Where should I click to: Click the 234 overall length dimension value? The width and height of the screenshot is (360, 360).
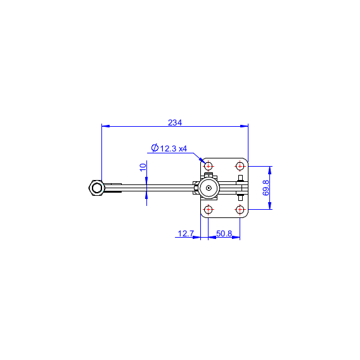(x=175, y=122)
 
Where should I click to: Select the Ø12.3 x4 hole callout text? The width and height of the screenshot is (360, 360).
(x=169, y=148)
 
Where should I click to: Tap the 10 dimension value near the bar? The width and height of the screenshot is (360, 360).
(x=143, y=167)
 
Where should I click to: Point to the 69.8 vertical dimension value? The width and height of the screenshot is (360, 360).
(x=266, y=188)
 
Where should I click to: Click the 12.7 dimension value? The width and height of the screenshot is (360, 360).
(x=186, y=233)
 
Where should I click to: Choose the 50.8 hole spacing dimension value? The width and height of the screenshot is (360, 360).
(x=224, y=233)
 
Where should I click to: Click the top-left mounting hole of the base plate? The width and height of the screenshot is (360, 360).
(x=209, y=166)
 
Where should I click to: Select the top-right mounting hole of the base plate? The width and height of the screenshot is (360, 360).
(x=240, y=166)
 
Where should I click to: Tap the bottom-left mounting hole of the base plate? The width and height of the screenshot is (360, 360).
(x=209, y=209)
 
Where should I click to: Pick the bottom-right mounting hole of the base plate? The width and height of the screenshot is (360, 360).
(x=240, y=209)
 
